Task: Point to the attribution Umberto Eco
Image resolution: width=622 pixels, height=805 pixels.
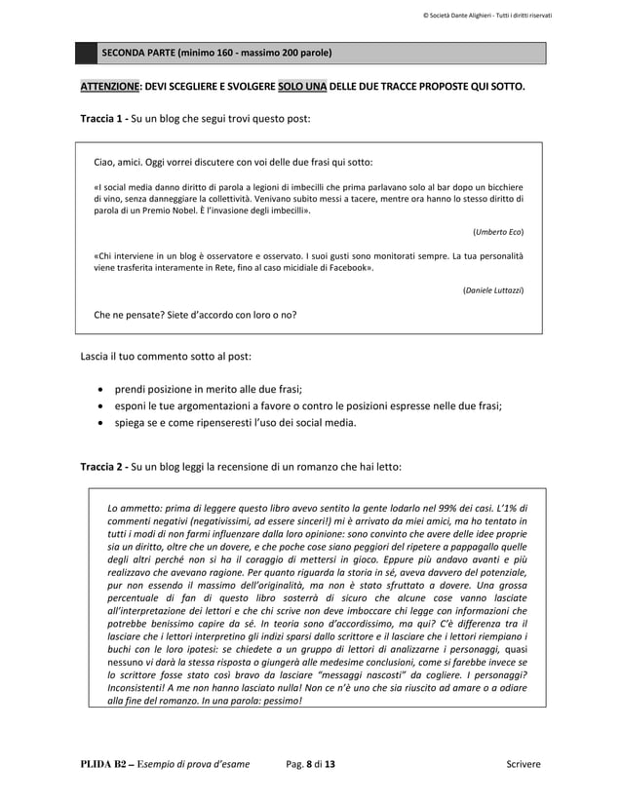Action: (497, 231)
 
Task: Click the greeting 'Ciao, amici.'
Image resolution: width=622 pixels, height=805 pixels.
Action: (118, 162)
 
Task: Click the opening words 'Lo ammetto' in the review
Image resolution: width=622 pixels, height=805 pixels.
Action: (131, 509)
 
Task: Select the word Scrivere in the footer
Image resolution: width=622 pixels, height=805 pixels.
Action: (517, 765)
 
